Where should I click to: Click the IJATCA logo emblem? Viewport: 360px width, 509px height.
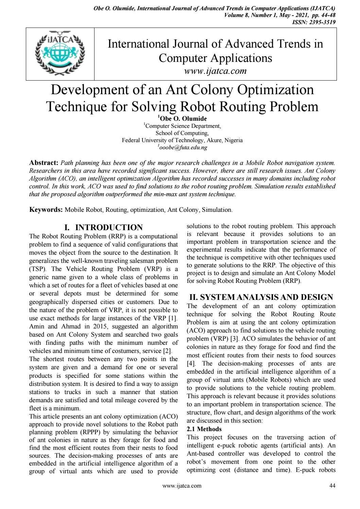[60, 54]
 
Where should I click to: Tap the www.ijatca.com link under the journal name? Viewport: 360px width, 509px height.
[215, 71]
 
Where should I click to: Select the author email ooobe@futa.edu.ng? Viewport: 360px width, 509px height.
[183, 148]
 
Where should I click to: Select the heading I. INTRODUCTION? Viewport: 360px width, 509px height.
[104, 227]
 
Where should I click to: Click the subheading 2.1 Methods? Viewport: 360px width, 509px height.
[204, 429]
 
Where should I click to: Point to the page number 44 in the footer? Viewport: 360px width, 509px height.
[332, 486]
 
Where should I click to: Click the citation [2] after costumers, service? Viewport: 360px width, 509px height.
[168, 351]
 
